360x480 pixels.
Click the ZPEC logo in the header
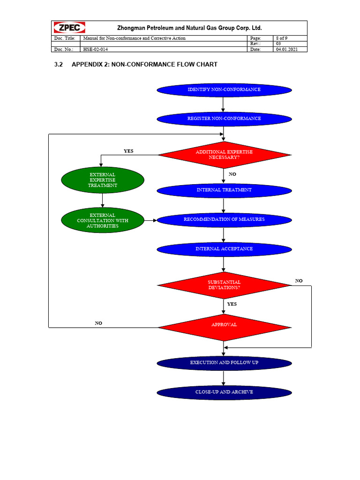click(x=67, y=28)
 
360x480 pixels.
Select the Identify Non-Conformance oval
click(x=224, y=90)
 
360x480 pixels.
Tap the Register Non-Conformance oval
click(x=224, y=119)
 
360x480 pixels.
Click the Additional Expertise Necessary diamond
click(x=224, y=155)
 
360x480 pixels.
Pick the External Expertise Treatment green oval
click(x=102, y=180)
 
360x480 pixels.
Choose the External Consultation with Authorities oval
click(x=102, y=220)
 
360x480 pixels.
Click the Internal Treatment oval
click(x=224, y=190)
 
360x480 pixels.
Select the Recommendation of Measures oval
click(x=224, y=219)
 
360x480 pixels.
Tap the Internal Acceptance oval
click(x=224, y=249)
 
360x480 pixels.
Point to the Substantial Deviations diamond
click(x=224, y=285)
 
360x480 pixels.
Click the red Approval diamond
click(x=224, y=325)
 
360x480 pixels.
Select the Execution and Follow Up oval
click(x=224, y=363)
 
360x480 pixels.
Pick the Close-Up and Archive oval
click(x=224, y=392)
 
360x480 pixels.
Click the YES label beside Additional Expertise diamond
click(x=128, y=151)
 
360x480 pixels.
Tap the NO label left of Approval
click(x=98, y=323)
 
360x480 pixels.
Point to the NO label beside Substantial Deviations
click(x=299, y=281)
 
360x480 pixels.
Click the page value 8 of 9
click(x=283, y=38)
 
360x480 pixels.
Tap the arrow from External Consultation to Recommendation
click(x=150, y=220)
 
